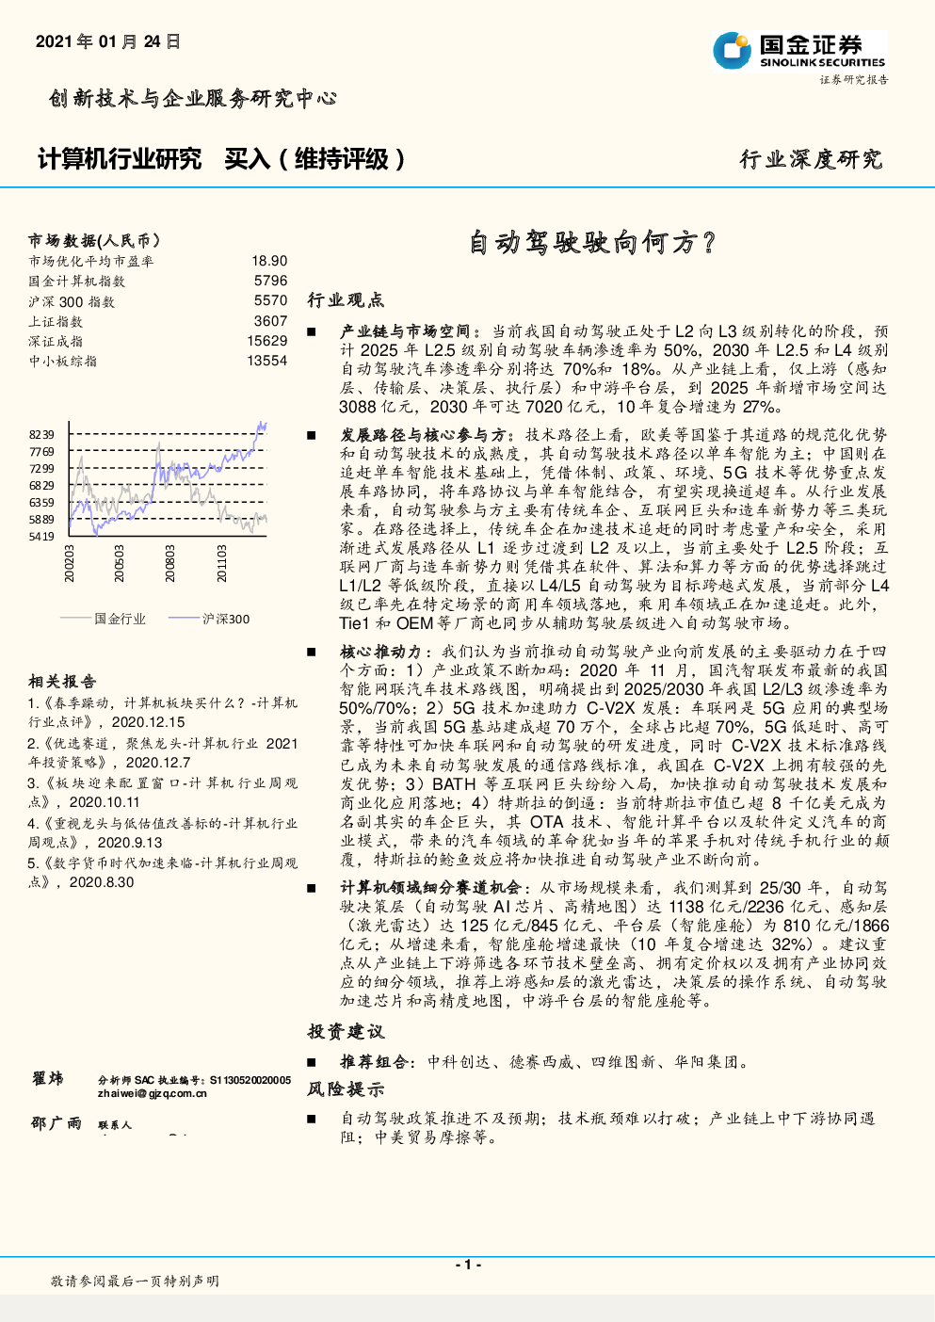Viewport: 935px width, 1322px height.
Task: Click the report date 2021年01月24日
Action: point(107,42)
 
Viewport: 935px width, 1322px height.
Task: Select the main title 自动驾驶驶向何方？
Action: point(592,243)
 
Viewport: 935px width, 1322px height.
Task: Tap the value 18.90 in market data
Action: point(269,261)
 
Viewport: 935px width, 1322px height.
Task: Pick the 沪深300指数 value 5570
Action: point(270,300)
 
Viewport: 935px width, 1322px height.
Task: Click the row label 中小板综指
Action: point(62,361)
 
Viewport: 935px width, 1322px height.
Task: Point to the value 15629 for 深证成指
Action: point(267,341)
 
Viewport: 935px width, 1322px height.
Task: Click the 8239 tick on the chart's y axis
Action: point(41,435)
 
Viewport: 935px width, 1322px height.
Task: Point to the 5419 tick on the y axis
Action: point(41,537)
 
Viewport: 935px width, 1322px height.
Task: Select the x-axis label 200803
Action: point(170,563)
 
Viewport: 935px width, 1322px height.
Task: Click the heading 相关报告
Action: point(62,681)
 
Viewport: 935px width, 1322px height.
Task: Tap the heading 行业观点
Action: point(346,300)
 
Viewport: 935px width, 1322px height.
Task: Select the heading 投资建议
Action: point(346,1032)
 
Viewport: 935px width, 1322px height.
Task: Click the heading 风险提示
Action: point(346,1089)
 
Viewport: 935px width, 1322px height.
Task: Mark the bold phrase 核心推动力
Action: point(380,652)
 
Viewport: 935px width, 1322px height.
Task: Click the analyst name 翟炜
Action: point(47,1078)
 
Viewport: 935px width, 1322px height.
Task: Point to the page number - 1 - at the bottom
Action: point(468,1265)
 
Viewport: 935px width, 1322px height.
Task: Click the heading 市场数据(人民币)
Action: point(94,241)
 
